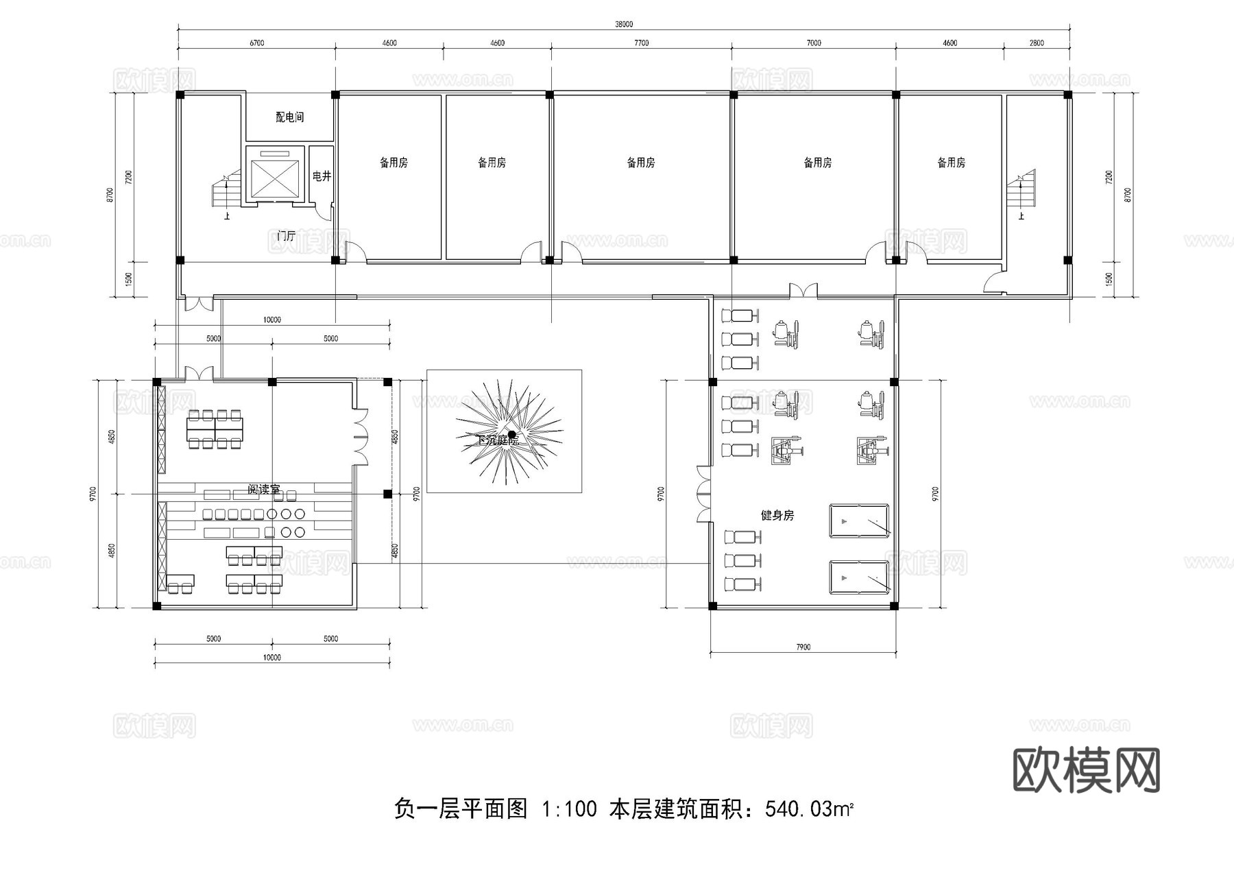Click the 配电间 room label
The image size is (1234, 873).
(289, 117)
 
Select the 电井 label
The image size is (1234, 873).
(322, 176)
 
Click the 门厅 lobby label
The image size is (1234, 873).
(286, 236)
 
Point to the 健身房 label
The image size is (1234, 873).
(777, 515)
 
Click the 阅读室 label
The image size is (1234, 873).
(264, 490)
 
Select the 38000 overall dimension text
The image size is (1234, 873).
(623, 24)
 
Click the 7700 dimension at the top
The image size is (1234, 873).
(641, 43)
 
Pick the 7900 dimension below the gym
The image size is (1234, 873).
(803, 647)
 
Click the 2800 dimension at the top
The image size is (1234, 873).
(1037, 43)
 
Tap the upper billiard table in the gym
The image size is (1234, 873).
(859, 522)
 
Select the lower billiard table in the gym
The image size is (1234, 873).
(859, 578)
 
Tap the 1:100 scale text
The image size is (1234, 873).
(568, 810)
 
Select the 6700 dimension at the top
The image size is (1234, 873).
(256, 43)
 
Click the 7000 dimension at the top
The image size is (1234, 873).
(813, 43)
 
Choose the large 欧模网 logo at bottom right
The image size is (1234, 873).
(1086, 769)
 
